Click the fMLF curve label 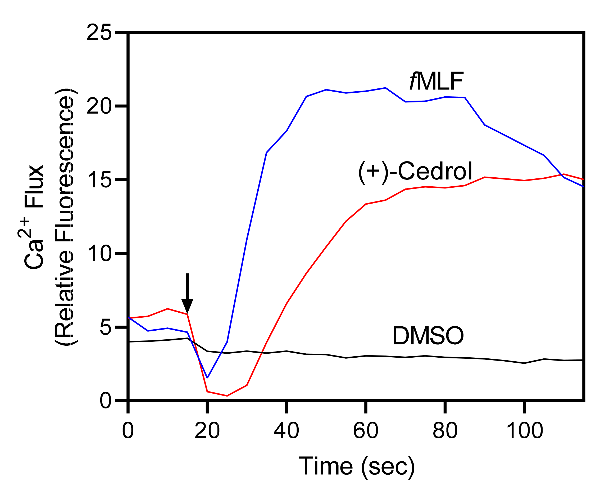(x=436, y=81)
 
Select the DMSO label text (x=428, y=336)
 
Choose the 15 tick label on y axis (x=99, y=180)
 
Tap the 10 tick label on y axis (x=99, y=254)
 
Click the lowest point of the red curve (x=227, y=396)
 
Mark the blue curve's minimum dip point (x=207, y=377)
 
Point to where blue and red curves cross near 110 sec (x=561, y=175)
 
